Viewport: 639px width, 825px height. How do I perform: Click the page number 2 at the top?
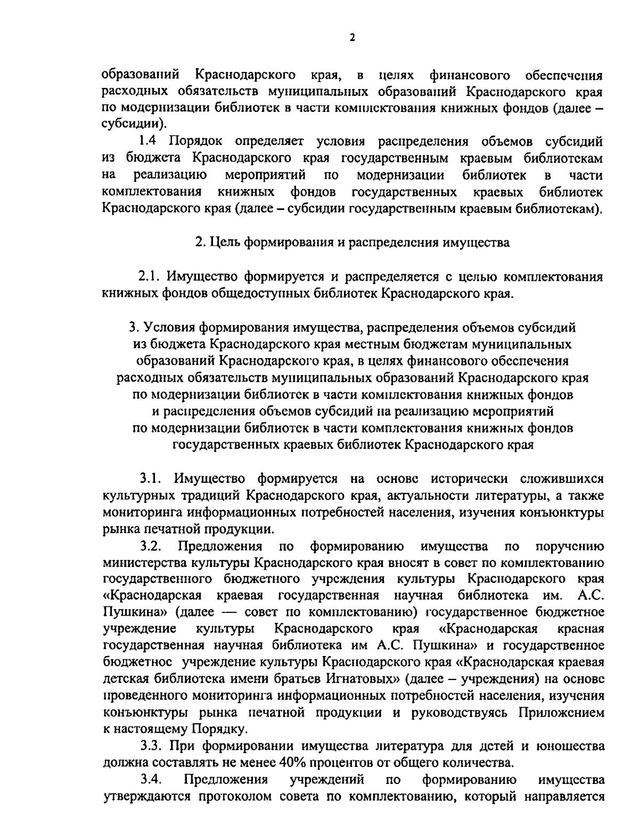351,37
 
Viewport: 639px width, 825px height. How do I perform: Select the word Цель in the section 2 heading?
222,242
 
